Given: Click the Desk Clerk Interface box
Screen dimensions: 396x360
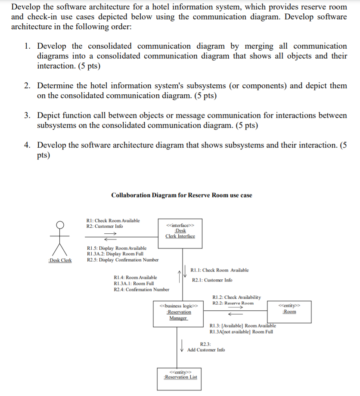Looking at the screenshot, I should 180,232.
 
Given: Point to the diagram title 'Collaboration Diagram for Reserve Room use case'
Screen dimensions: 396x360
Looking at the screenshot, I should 182,195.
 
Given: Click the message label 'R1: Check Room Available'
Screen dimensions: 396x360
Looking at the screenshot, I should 113,220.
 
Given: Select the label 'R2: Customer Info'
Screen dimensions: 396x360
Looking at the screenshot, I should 104,226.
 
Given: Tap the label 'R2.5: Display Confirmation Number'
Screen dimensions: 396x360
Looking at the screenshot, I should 122,260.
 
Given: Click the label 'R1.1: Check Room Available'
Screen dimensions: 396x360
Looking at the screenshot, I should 220,270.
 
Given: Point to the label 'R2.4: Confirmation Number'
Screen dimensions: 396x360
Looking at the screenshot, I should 141,289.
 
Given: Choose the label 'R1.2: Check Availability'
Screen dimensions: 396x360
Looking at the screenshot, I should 236,297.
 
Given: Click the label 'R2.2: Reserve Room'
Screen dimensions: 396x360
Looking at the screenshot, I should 233,303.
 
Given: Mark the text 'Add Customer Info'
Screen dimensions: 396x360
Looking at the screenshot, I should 206,350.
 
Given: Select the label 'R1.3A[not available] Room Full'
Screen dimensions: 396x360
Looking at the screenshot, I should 241,331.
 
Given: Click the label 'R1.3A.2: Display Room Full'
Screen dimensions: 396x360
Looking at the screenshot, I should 115,254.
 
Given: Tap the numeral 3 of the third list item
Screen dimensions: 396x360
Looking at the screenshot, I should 27,116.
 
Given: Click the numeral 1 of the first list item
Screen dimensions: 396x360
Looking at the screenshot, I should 27,46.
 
